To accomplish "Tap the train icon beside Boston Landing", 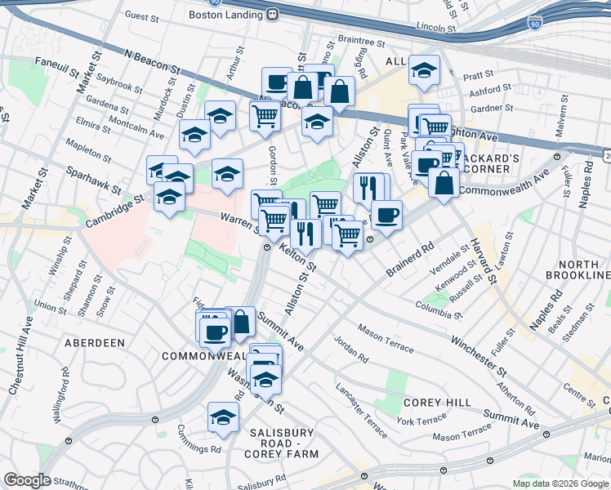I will click(x=271, y=14).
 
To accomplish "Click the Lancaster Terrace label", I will click(x=359, y=409).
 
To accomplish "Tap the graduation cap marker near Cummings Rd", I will click(x=222, y=418).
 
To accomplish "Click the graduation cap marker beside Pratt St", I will click(x=424, y=71).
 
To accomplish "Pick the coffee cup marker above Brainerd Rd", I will click(x=386, y=216).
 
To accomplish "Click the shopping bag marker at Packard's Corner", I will click(x=444, y=183).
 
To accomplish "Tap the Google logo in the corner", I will click(x=27, y=480).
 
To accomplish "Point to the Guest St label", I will click(x=141, y=16).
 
